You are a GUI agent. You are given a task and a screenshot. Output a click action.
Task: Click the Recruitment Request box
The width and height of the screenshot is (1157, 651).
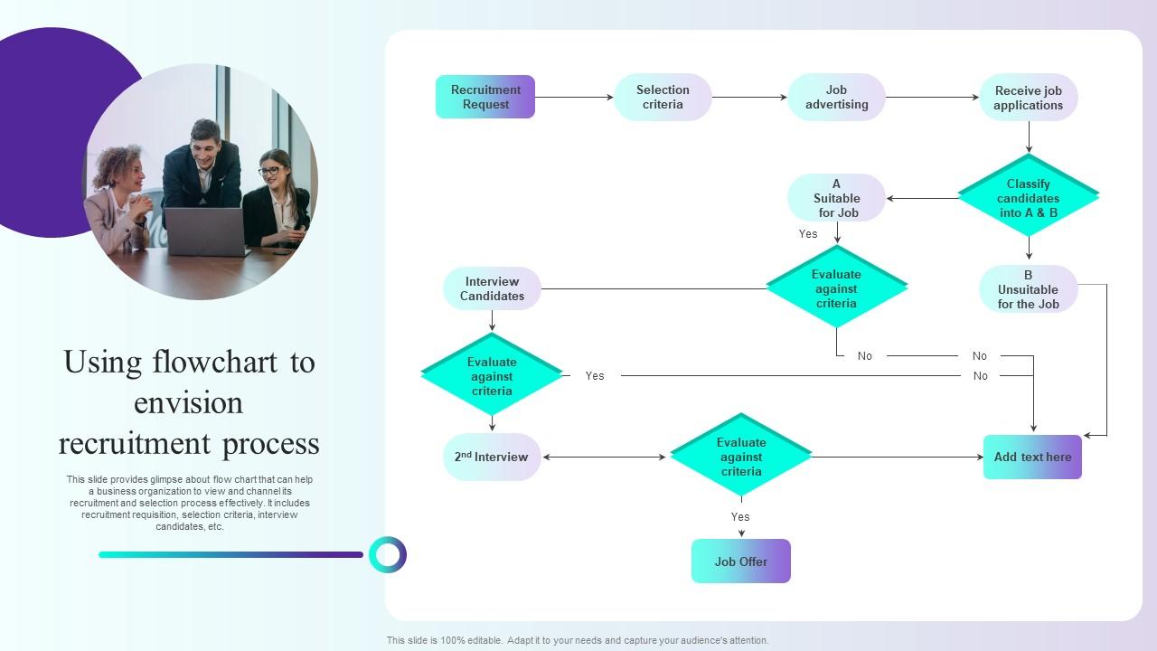tap(485, 97)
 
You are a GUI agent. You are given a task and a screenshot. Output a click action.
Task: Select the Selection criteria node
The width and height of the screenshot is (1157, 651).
tap(663, 97)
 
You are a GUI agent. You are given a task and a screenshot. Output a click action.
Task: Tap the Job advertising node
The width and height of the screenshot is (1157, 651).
tap(836, 97)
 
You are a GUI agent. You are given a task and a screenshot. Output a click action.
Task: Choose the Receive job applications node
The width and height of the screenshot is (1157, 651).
tap(1029, 98)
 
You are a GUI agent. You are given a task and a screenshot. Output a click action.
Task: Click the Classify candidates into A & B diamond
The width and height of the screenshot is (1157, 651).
tap(1029, 198)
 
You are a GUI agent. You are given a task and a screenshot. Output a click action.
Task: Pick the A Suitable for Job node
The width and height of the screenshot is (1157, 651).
tap(836, 198)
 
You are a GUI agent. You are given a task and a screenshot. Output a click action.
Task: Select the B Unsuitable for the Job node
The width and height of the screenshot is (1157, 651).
tap(1029, 289)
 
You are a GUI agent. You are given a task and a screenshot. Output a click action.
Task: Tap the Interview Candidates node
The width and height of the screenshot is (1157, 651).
tap(492, 288)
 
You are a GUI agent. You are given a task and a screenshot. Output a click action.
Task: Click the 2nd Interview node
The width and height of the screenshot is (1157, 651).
tap(492, 457)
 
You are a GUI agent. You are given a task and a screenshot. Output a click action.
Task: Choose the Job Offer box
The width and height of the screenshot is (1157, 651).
tap(741, 561)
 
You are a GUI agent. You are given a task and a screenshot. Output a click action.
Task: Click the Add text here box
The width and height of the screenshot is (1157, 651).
tap(1032, 457)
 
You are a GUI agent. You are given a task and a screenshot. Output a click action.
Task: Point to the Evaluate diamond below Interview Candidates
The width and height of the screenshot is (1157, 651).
tap(492, 376)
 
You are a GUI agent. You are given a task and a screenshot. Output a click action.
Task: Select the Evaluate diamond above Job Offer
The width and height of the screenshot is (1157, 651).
tap(741, 457)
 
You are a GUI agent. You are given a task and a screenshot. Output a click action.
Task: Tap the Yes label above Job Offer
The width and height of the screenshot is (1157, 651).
tap(740, 517)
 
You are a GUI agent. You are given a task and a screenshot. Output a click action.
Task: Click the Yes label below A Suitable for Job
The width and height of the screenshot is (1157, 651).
tap(808, 234)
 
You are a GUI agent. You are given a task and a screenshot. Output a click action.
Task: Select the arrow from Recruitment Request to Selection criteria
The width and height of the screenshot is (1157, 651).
tap(574, 97)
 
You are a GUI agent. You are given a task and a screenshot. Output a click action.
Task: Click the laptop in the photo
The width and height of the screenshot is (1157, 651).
tap(206, 231)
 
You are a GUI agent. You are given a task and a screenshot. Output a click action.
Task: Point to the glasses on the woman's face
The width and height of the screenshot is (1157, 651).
tap(269, 171)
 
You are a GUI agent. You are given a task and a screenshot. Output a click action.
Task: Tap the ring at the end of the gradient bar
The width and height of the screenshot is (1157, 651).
tap(388, 554)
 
